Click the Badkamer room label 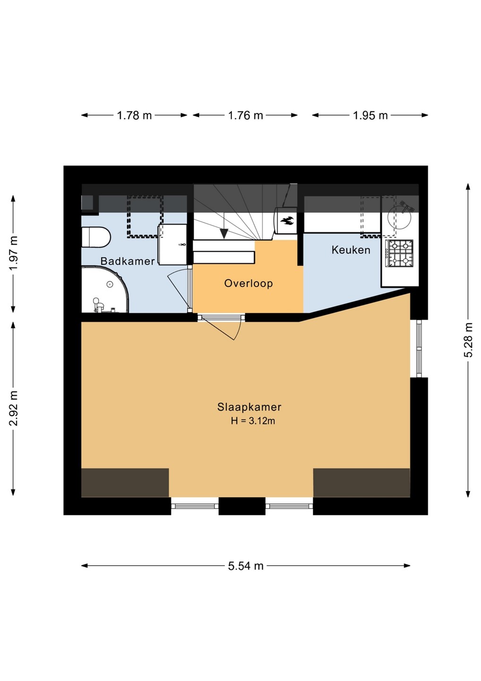tap(128, 261)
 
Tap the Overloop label tap(249, 283)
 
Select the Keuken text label tap(351, 250)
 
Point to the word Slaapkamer tap(249, 407)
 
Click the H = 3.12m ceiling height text tap(253, 421)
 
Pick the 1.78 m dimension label tap(134, 115)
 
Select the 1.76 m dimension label tap(245, 115)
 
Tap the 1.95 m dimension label tap(370, 115)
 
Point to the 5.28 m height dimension tap(469, 340)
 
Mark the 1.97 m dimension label tap(13, 253)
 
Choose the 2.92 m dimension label tap(13, 409)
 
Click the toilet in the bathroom tap(96, 237)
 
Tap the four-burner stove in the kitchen tap(399, 253)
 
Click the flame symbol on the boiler tap(287, 221)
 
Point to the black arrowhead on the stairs tap(224, 234)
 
